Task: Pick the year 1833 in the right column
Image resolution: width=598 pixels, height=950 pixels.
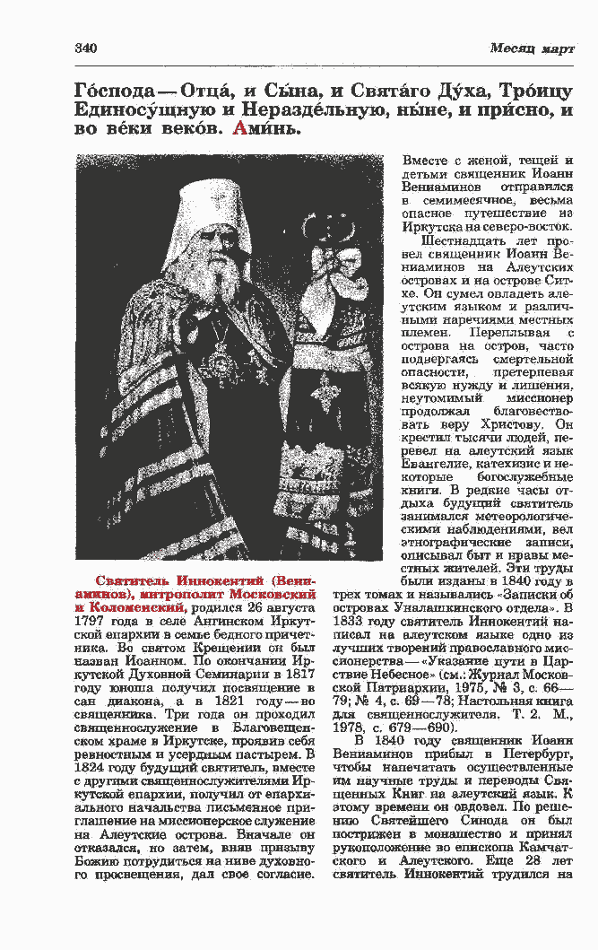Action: pos(350,621)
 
